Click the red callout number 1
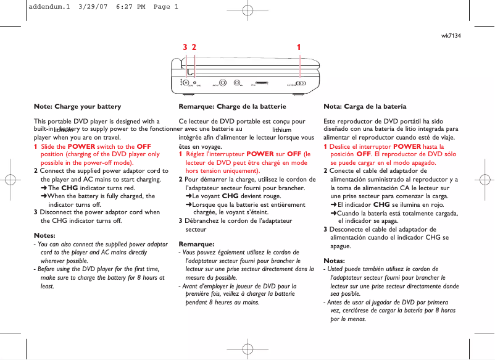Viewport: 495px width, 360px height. (299, 47)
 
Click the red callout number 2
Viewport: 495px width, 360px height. (194, 47)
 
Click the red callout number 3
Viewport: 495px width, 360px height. (185, 47)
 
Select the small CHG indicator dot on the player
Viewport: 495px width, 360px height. (195, 83)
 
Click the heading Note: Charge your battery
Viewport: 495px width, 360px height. (77, 106)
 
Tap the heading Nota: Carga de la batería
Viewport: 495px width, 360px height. (365, 106)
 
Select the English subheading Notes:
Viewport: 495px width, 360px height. (44, 235)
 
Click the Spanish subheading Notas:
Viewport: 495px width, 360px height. (334, 260)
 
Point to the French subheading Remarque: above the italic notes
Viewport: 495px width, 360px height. (196, 244)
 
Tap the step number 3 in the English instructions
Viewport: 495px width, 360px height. (35, 212)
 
